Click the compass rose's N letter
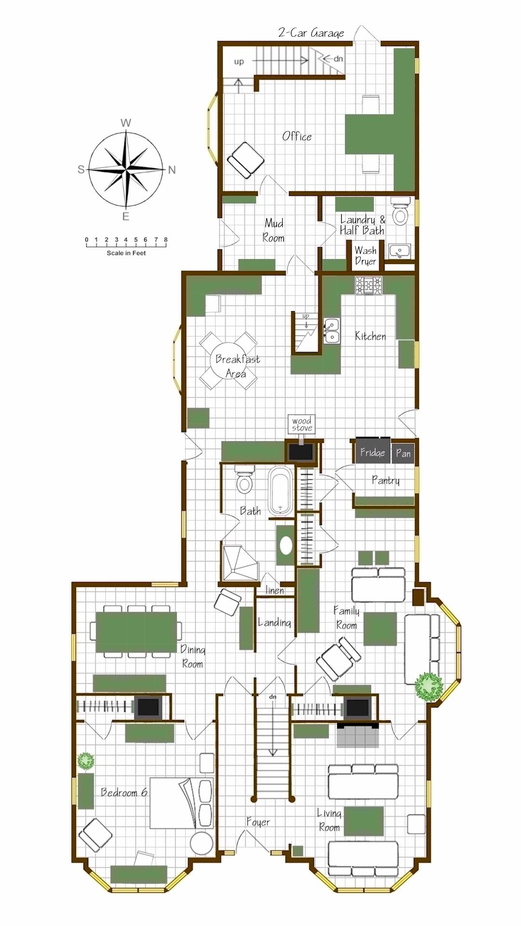(172, 170)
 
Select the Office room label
(297, 136)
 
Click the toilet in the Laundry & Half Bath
(400, 211)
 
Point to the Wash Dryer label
(366, 256)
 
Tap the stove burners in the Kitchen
(369, 285)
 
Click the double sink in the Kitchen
(331, 330)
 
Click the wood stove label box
(302, 424)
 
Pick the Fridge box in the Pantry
(372, 452)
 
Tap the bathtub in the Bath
(280, 490)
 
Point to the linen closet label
(275, 590)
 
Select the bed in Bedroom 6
(181, 803)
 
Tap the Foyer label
(259, 822)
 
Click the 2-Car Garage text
(311, 33)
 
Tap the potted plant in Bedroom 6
(86, 761)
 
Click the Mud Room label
(274, 230)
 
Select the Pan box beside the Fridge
(403, 453)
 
